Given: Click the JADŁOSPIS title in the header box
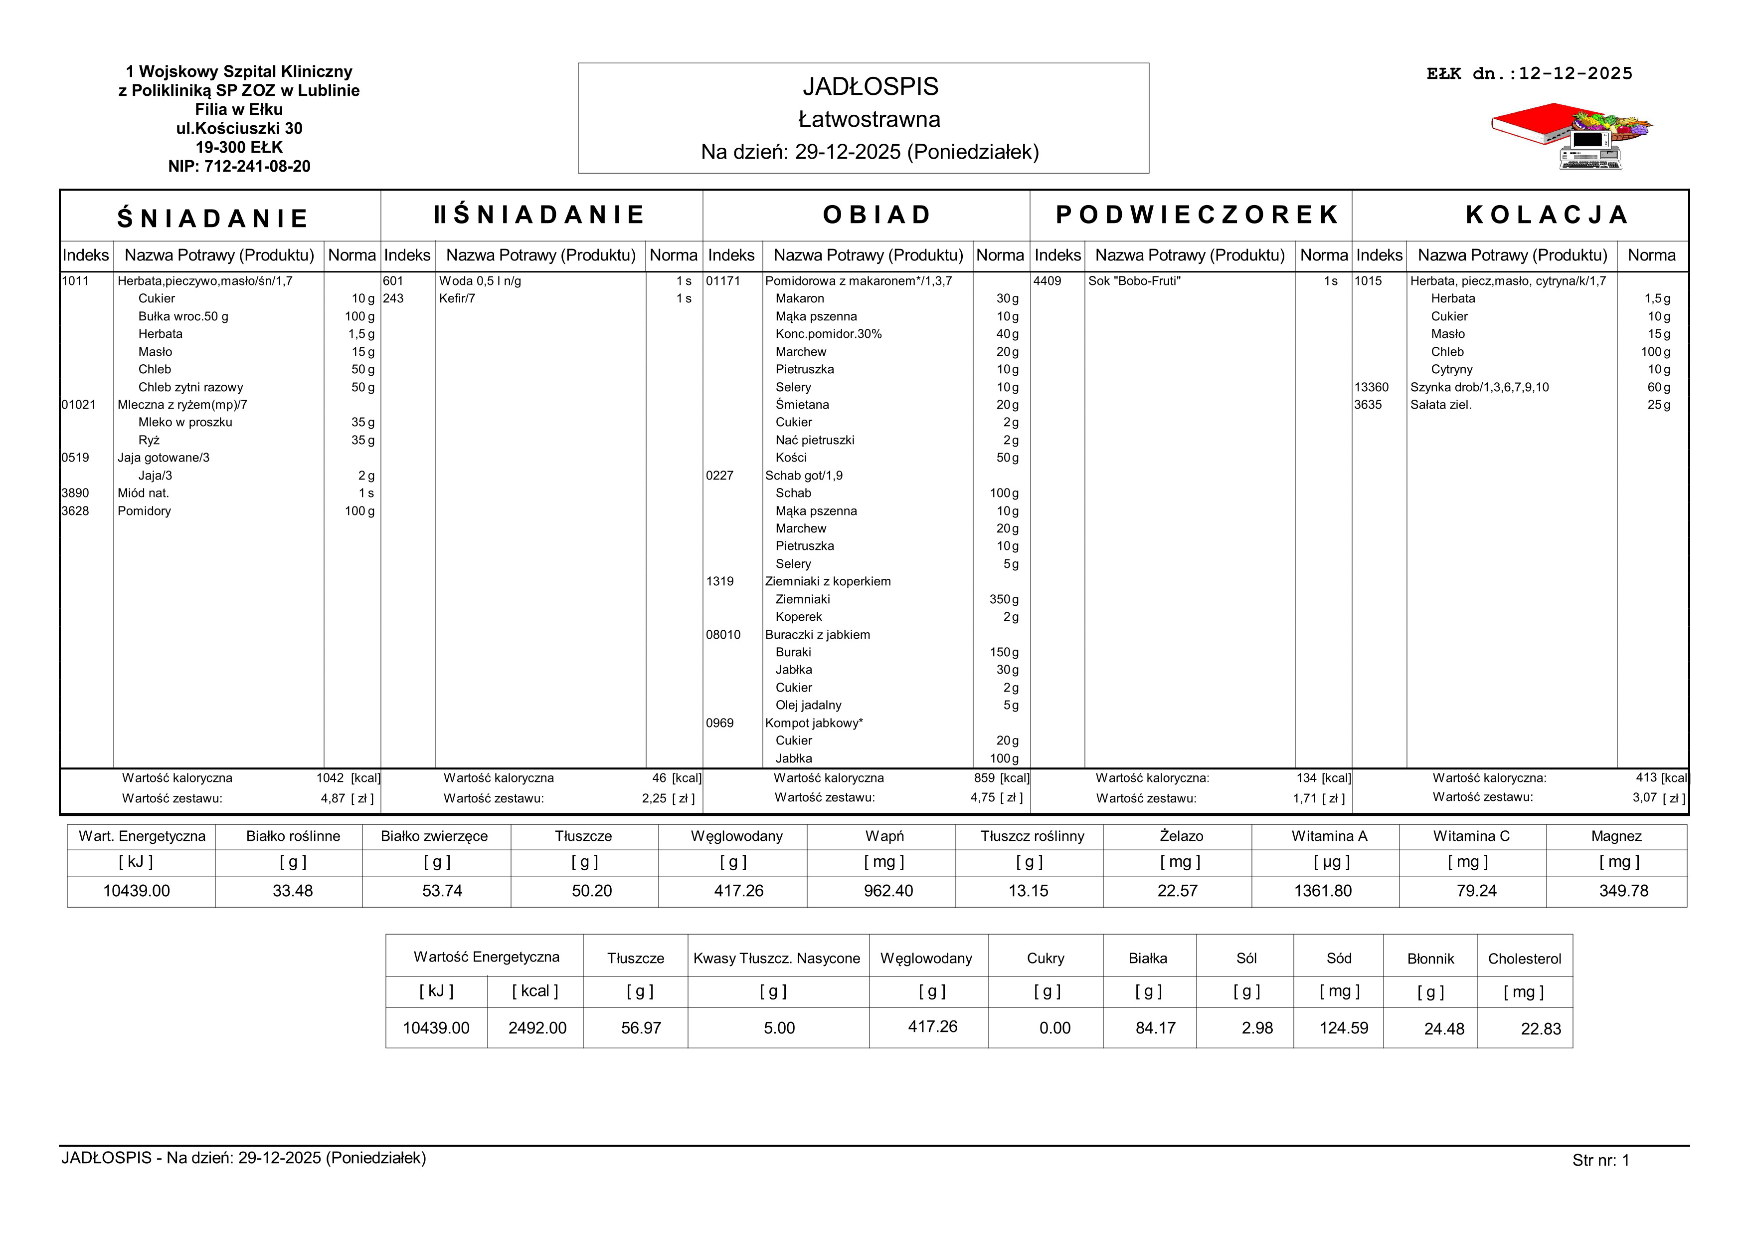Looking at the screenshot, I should pos(870,87).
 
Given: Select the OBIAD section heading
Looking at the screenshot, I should pos(877,215).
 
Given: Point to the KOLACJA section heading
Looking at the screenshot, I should pos(1547,215).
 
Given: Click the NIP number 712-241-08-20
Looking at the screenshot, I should pos(239,166).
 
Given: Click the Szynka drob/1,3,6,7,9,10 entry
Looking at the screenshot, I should pos(1479,387).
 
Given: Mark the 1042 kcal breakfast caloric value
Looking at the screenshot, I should pos(331,778).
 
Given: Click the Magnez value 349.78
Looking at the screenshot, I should pos(1623,891).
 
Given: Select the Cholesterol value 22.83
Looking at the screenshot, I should pos(1540,1029).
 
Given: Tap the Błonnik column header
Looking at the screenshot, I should pos(1430,959).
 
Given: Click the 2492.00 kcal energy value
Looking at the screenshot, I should pos(537,1028).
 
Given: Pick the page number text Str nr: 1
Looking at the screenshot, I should pos(1600,1160).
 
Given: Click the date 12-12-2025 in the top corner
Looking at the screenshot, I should pos(1575,74).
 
